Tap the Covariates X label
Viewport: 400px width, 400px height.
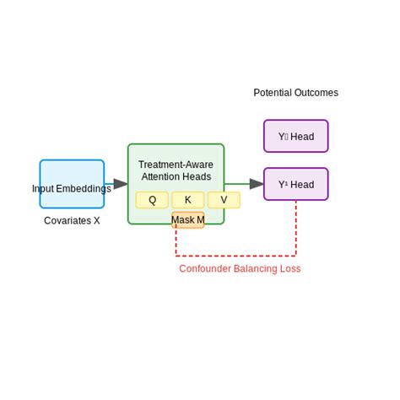(72, 220)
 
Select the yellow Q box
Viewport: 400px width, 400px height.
(152, 200)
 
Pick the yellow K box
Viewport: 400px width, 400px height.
(187, 200)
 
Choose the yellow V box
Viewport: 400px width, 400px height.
(224, 200)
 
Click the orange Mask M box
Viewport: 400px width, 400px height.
(187, 220)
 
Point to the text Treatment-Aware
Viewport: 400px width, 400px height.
(176, 165)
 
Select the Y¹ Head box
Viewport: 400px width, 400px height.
(295, 184)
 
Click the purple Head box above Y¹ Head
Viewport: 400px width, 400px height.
(295, 136)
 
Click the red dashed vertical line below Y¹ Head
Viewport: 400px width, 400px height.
(295, 228)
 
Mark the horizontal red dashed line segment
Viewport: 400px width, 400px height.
(236, 255)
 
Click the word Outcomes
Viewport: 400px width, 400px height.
(317, 93)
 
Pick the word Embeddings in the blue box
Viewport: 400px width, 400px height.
(84, 188)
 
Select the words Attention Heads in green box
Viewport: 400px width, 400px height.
(176, 176)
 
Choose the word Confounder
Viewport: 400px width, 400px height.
(205, 268)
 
